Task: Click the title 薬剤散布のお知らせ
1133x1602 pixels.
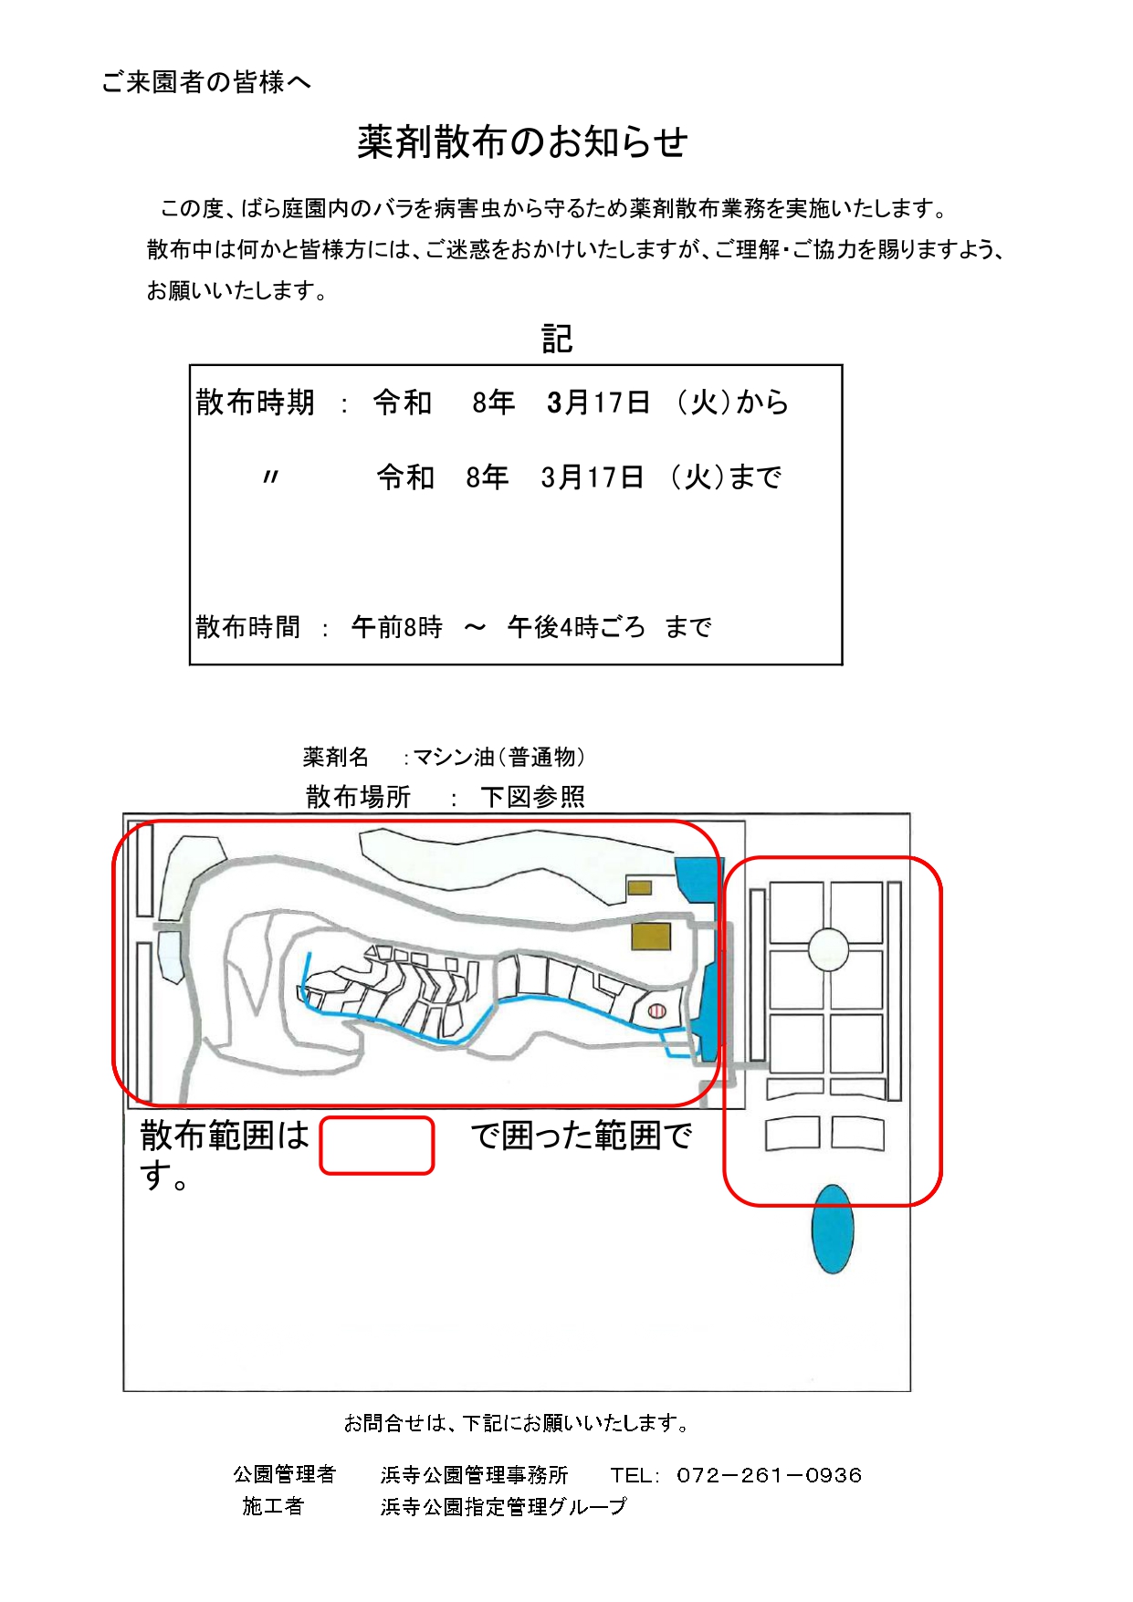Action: point(522,142)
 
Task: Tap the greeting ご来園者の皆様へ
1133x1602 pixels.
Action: point(206,82)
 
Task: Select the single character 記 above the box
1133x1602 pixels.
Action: point(557,339)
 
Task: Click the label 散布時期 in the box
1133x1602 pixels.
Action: point(256,402)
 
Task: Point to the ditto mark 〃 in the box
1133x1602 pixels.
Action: point(270,476)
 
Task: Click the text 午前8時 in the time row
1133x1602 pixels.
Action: point(397,627)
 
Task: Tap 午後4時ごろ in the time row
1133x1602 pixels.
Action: point(576,627)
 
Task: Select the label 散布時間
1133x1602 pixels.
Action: point(248,627)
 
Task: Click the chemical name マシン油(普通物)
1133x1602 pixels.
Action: point(498,757)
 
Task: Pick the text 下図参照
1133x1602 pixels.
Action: point(533,797)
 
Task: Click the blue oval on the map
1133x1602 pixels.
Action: point(832,1229)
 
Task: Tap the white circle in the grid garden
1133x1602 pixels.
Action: point(828,948)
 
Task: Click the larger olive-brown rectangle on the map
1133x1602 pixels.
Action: point(652,936)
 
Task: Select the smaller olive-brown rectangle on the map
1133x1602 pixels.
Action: point(639,887)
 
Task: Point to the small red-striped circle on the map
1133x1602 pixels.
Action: point(656,1011)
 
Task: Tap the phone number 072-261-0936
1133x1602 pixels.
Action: point(770,1475)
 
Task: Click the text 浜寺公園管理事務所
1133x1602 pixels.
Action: point(475,1475)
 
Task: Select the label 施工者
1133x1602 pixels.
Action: point(272,1506)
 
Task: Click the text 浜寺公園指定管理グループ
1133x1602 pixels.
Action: point(504,1506)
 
